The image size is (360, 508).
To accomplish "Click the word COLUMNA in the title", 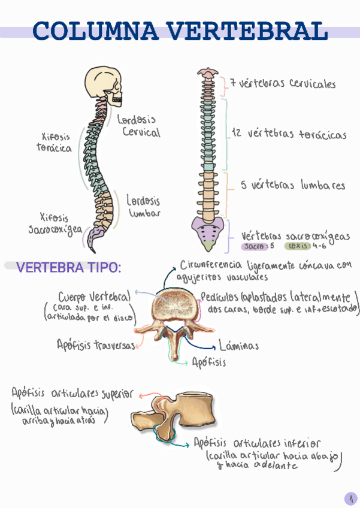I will pos(96,31).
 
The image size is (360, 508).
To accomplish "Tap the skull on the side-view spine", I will pos(105,85).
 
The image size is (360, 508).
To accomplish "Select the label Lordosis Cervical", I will pos(138,126).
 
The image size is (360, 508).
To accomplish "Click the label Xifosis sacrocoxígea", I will pos(55,223).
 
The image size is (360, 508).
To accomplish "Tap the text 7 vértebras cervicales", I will pos(283,84).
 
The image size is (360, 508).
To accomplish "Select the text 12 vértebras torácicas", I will pos(288,134).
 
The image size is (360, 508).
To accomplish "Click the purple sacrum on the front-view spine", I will pos(207,229).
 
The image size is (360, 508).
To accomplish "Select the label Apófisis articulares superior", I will pos(72,394).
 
